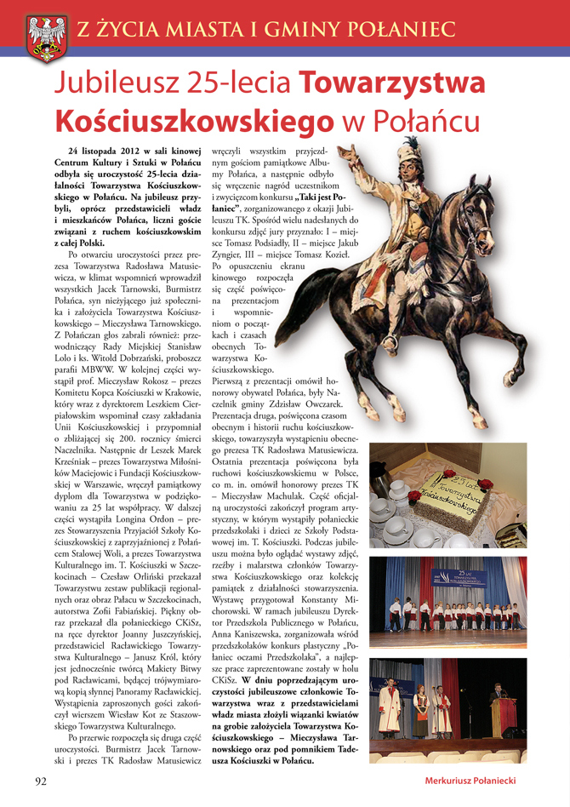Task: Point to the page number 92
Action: coord(40,781)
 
